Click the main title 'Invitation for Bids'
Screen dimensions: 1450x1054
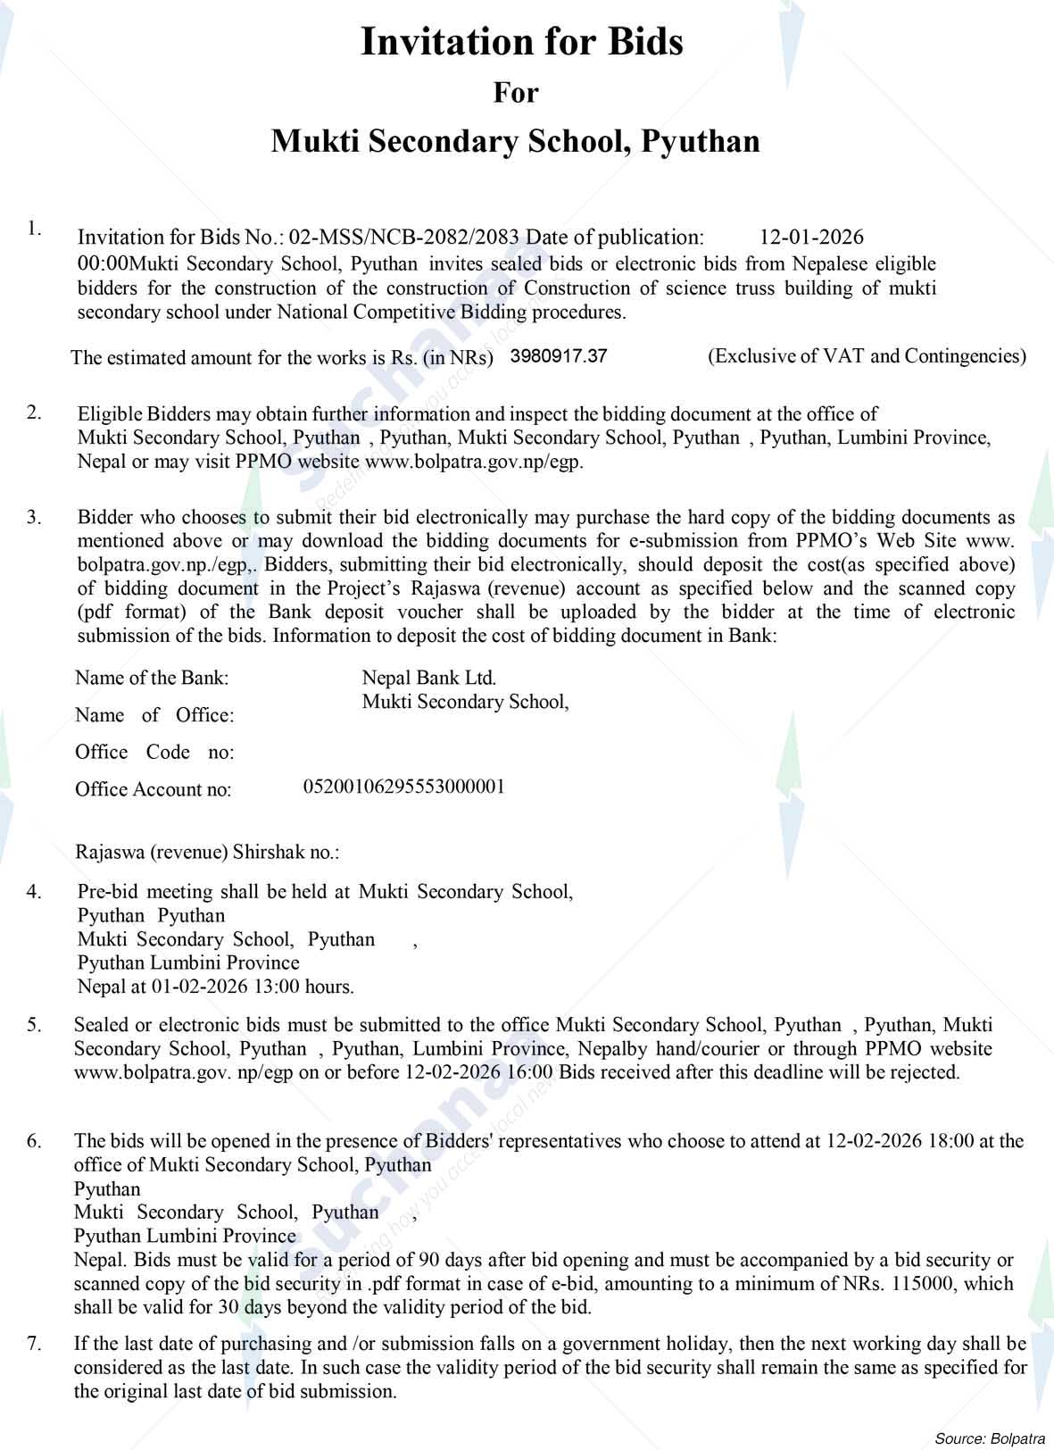click(x=521, y=42)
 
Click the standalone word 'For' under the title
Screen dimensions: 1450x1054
click(x=516, y=92)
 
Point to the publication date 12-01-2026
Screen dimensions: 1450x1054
click(x=811, y=237)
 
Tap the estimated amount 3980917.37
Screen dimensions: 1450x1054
click(x=559, y=356)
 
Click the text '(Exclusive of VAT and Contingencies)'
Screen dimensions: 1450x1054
click(x=867, y=356)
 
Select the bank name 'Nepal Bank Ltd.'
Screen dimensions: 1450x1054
click(x=429, y=678)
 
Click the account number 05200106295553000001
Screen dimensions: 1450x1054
click(x=404, y=787)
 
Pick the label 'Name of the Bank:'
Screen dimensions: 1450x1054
click(x=152, y=678)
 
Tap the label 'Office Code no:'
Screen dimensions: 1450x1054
click(x=154, y=752)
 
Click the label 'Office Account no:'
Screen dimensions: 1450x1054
click(x=154, y=789)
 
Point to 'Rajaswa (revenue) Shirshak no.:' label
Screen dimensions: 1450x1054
click(x=208, y=852)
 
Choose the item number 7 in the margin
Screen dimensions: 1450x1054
click(x=33, y=1343)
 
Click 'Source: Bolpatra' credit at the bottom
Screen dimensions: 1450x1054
click(x=991, y=1438)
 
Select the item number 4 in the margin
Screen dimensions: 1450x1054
click(x=33, y=891)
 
